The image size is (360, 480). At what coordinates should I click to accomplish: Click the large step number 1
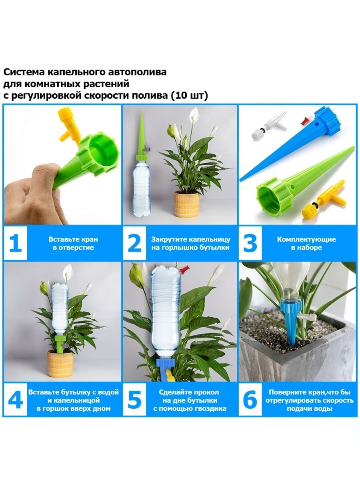click(x=16, y=243)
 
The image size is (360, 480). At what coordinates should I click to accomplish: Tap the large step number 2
click(x=134, y=243)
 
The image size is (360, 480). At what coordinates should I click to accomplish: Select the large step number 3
click(x=250, y=243)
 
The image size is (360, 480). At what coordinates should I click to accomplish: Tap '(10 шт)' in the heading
click(x=189, y=96)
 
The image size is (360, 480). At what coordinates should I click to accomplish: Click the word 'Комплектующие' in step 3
click(x=306, y=239)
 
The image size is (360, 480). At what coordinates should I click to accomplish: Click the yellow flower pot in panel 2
click(x=186, y=204)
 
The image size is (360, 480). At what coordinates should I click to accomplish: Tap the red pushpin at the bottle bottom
click(x=184, y=269)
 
